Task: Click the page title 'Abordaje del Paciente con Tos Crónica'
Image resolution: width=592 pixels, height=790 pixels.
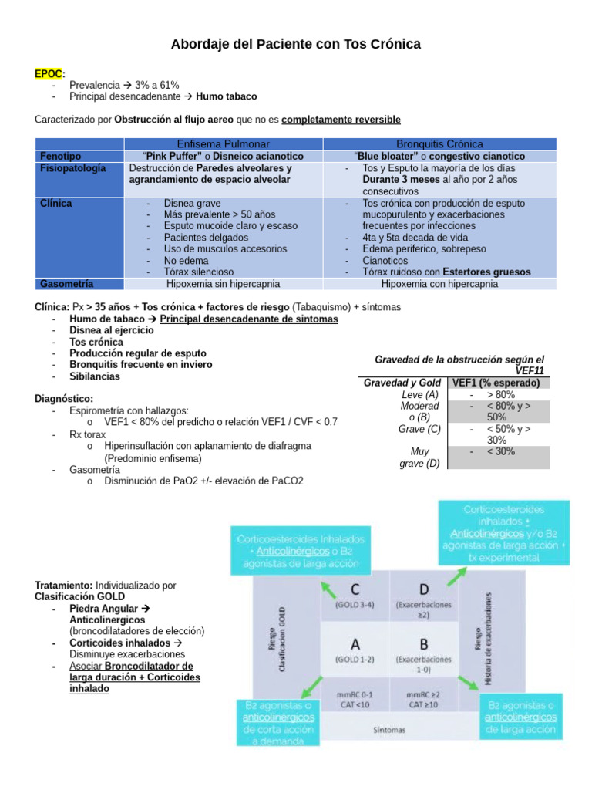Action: (295, 45)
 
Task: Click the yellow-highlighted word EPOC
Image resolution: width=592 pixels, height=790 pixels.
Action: (49, 73)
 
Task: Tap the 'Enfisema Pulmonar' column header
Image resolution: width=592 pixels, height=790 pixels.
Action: (224, 144)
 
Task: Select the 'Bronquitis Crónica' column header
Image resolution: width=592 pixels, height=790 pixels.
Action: (439, 144)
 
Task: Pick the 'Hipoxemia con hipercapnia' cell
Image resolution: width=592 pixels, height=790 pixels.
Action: (439, 283)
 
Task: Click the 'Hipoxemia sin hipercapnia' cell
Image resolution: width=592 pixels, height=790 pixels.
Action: (224, 283)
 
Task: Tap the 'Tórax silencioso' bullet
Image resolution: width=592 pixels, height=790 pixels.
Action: (199, 272)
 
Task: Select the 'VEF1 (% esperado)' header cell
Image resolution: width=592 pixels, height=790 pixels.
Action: (500, 383)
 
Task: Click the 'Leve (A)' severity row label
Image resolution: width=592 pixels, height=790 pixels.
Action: (420, 394)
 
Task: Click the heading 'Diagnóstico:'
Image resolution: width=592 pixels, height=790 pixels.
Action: (64, 398)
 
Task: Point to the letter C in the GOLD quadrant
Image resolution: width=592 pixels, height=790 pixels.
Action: (355, 589)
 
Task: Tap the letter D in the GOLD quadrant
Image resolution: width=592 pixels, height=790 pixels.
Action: (423, 589)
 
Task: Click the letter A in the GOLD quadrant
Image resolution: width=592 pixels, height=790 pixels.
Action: (355, 644)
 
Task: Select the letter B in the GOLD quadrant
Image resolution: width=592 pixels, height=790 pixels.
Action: (423, 644)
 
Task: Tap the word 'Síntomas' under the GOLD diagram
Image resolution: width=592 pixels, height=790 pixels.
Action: (389, 729)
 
